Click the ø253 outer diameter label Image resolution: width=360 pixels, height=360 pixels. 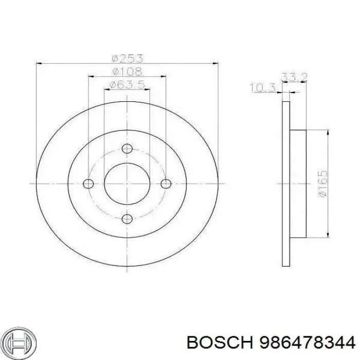[127, 58]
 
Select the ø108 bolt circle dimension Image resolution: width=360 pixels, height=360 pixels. [127, 71]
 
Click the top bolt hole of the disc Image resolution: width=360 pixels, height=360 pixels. [127, 149]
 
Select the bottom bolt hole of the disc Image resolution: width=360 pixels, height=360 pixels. [127, 218]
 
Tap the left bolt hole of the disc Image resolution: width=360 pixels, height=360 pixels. [88, 184]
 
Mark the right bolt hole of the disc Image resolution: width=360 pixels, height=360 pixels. [165, 184]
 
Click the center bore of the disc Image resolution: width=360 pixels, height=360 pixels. [127, 184]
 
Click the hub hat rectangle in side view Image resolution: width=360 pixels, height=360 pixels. [298, 184]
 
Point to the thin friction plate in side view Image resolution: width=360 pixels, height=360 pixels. [286, 184]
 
